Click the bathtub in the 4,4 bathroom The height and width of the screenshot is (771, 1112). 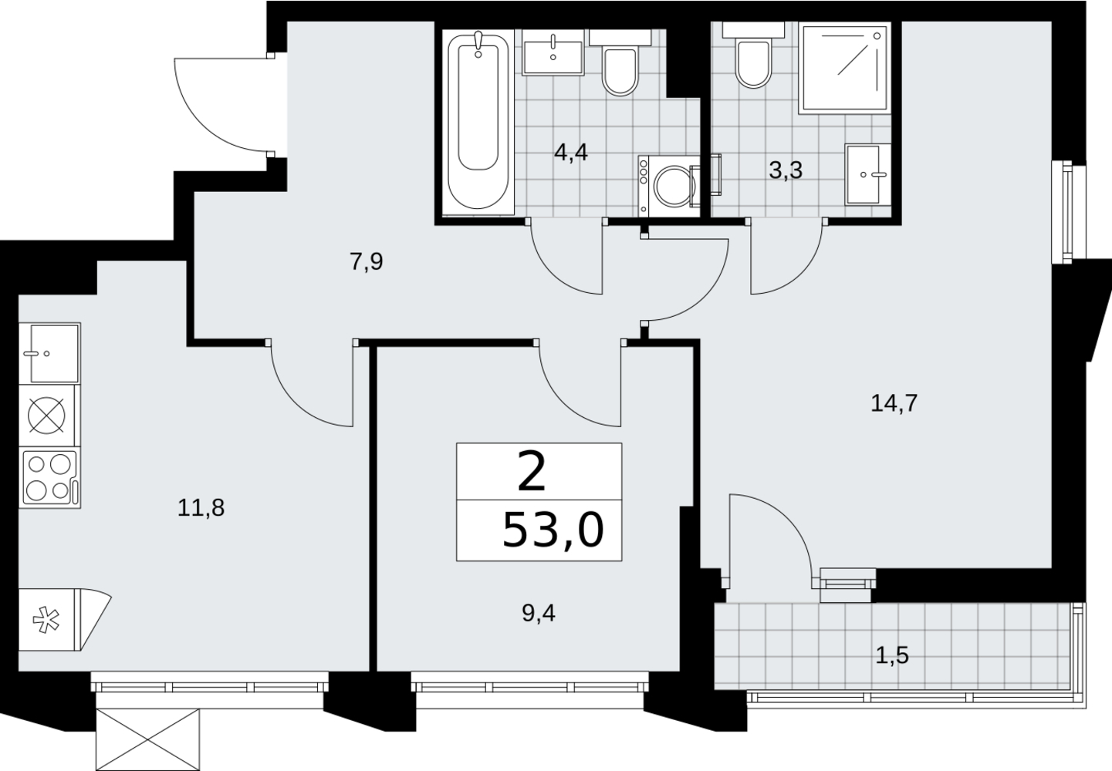point(478,122)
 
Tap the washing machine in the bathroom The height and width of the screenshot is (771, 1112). point(669,186)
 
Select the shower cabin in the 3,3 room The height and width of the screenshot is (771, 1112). point(845,68)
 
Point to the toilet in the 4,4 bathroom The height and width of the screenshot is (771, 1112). point(620,62)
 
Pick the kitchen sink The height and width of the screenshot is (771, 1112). point(49,353)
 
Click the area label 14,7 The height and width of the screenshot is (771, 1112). point(894,403)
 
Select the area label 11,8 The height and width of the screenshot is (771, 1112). point(201,508)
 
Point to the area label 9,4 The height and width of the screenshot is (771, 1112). point(539,614)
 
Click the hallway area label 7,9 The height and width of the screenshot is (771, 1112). point(367,262)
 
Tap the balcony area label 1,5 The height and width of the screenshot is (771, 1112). point(892,656)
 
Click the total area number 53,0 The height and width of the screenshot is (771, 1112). point(553,530)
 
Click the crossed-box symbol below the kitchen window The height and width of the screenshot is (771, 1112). point(147,739)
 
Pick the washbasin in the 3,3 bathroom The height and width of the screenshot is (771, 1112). point(867,174)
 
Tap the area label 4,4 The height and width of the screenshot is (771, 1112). point(571,153)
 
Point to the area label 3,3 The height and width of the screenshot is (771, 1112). point(786,170)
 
